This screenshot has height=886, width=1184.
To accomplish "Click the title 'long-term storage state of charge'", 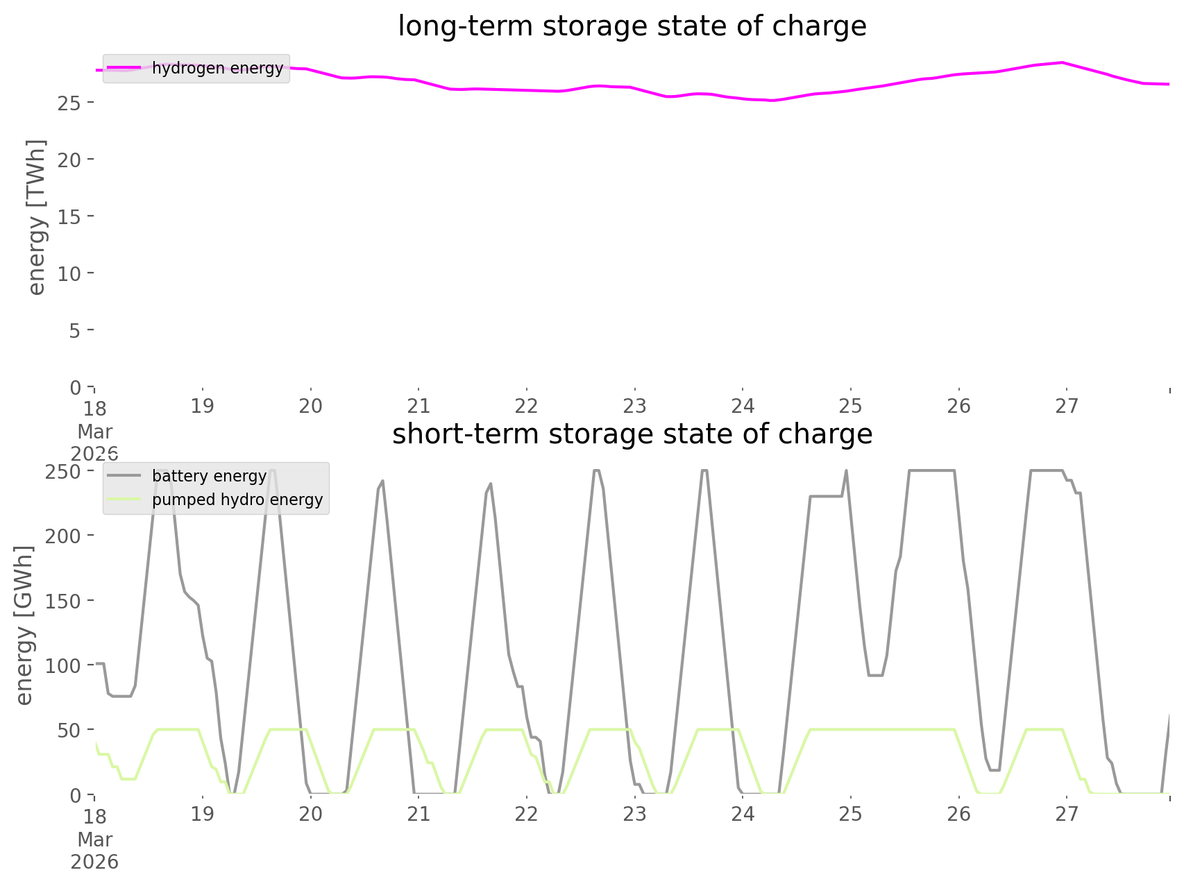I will click(x=632, y=26).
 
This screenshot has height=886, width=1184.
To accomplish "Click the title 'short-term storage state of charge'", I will click(x=632, y=434).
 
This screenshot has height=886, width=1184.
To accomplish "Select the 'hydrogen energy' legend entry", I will click(x=217, y=68).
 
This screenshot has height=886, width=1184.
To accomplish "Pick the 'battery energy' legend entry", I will click(x=209, y=476).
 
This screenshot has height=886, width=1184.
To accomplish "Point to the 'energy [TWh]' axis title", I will click(x=36, y=216).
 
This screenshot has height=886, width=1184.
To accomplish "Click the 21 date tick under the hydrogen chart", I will click(x=418, y=407).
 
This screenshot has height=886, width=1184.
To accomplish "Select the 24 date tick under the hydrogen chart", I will click(x=743, y=407).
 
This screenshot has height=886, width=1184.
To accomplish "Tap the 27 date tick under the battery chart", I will click(x=1067, y=814).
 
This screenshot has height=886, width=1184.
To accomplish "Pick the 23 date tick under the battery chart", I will click(x=634, y=814).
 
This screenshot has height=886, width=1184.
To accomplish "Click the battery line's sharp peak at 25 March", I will click(x=846, y=471).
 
